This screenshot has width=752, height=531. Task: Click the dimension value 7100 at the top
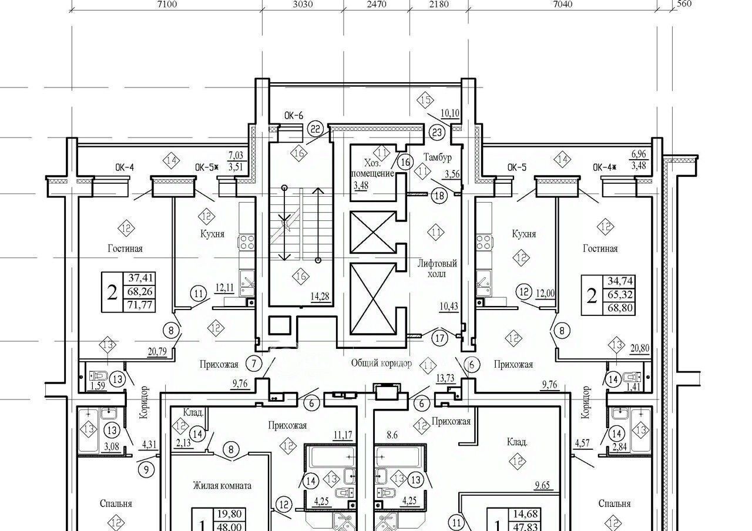point(167,4)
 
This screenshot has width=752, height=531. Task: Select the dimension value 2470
point(377,4)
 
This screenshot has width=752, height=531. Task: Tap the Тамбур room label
point(437,157)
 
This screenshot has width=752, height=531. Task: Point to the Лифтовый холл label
point(437,268)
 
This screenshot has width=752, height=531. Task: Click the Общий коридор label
point(381,363)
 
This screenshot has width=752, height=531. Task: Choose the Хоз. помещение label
point(372,169)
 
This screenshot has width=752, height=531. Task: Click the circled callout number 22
point(315,129)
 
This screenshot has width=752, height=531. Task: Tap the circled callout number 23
point(437,133)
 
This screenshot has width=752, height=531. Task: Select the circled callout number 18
point(439,196)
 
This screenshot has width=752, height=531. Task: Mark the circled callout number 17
point(440,338)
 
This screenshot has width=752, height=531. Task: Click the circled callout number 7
point(254,364)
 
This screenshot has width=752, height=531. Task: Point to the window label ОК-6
point(293,116)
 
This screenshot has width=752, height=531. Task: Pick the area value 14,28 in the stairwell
point(320,297)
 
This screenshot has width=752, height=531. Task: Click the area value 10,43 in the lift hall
point(449,306)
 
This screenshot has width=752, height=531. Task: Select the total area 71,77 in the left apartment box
point(140,305)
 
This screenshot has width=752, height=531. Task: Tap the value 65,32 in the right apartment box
point(620,294)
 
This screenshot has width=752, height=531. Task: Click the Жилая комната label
point(222,486)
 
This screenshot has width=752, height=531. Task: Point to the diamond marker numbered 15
point(425,100)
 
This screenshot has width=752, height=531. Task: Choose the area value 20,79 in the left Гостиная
point(157,352)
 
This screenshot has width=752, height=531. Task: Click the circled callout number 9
point(146,469)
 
